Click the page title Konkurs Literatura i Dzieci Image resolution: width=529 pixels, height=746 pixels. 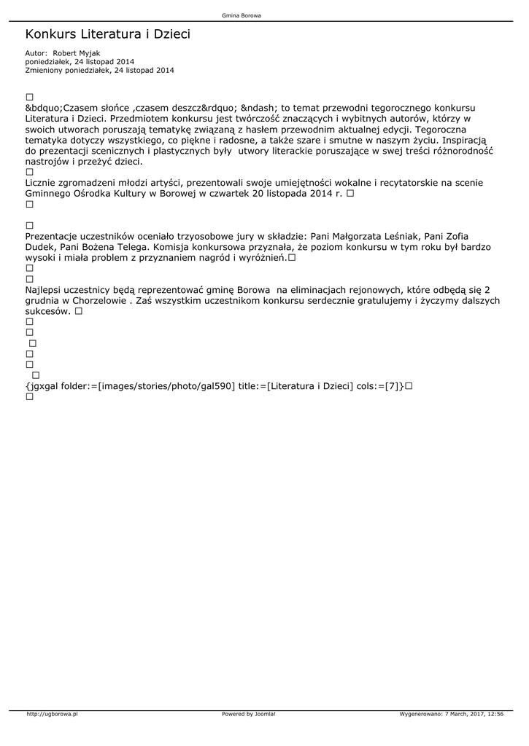point(107,34)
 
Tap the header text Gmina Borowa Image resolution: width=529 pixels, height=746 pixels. point(241,15)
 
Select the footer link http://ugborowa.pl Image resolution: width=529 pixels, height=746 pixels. point(52,714)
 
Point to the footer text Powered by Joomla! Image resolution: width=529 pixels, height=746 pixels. point(248,714)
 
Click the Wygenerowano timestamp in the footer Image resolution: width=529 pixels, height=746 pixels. point(451,714)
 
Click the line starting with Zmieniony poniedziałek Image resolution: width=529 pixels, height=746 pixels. point(99,71)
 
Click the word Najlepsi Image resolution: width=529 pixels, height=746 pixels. point(45,290)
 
